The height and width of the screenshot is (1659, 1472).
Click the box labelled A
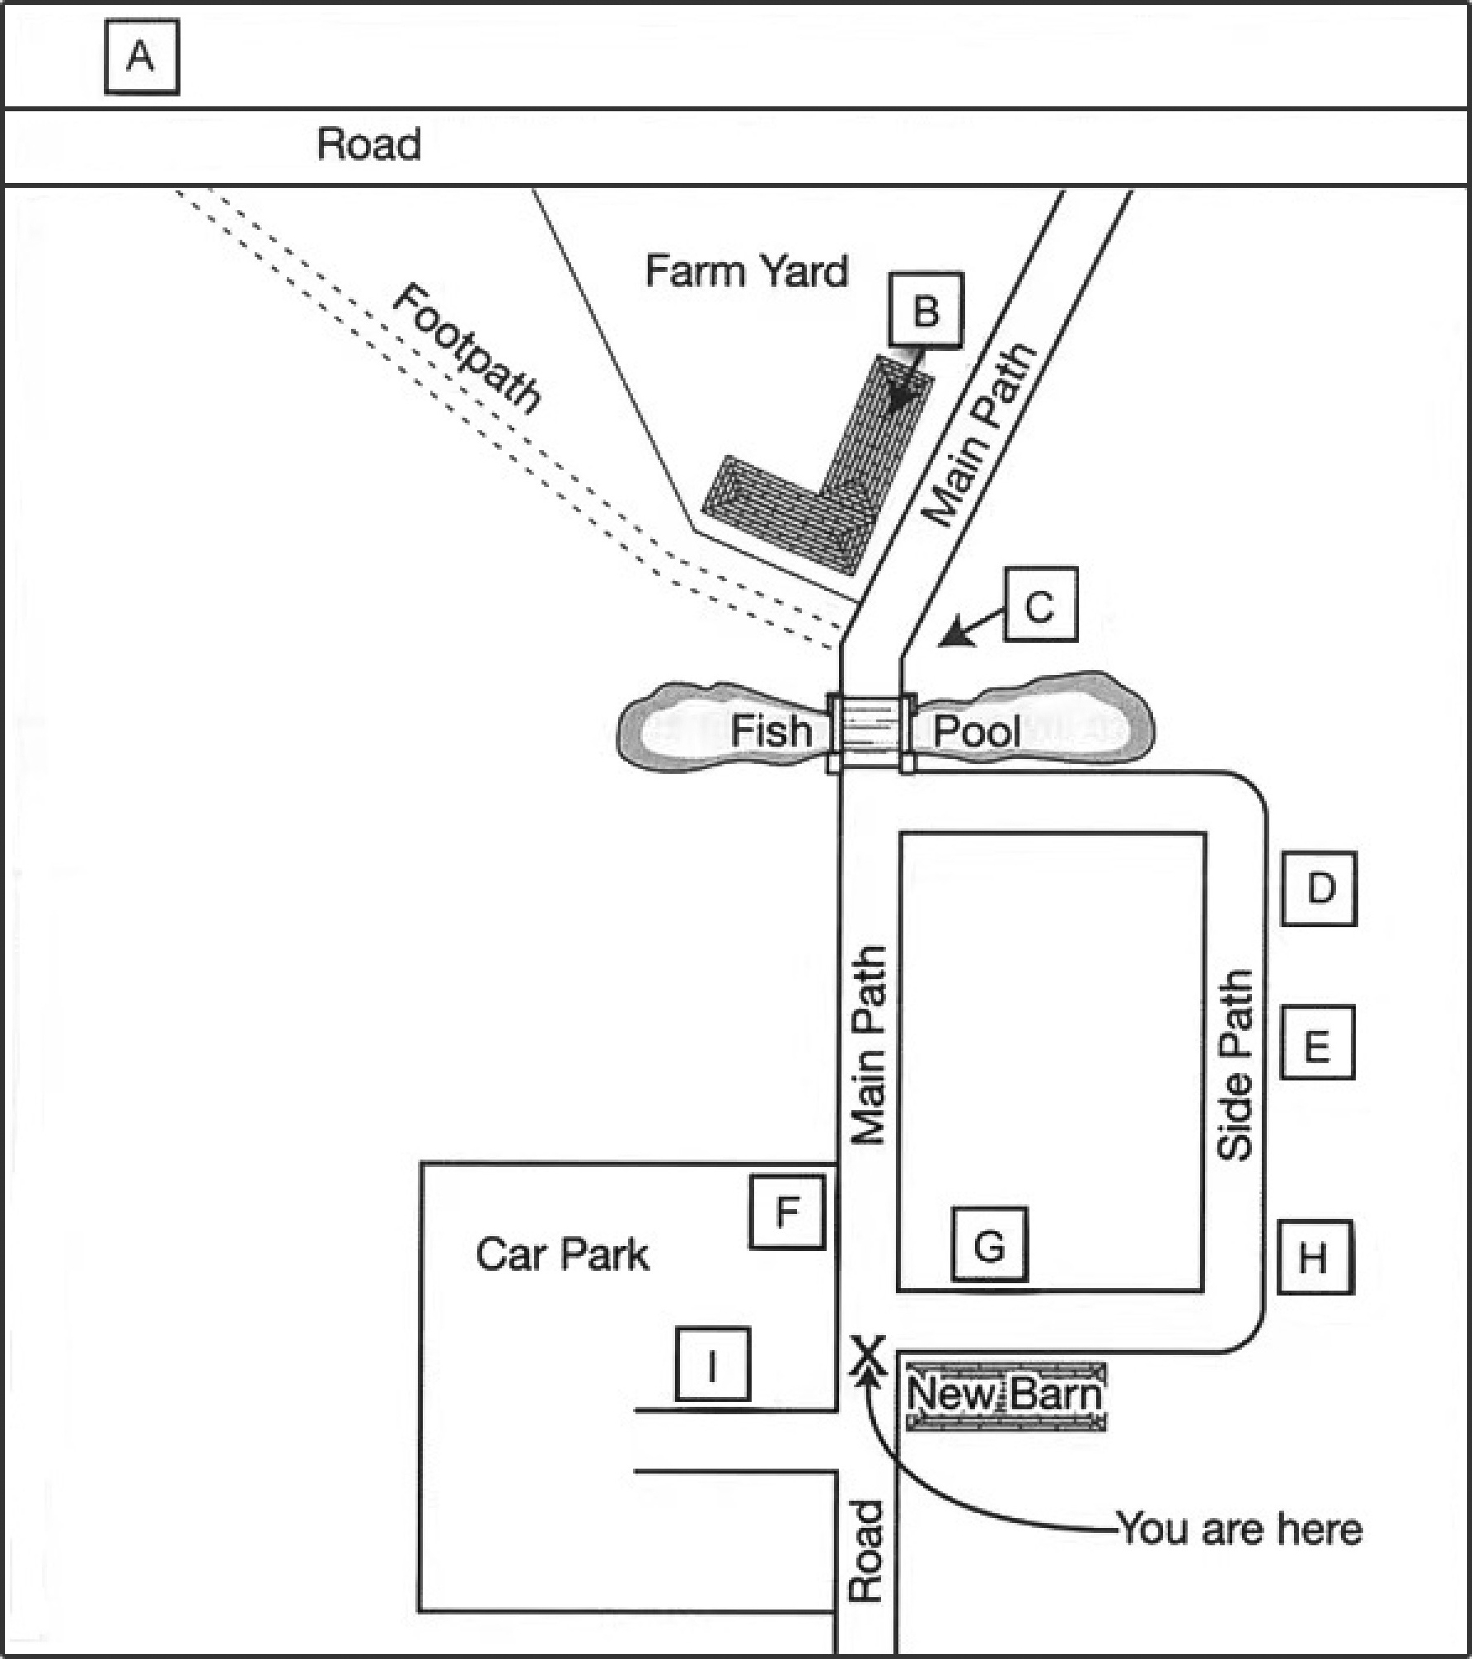tap(142, 58)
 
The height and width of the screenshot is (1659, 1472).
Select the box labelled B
tap(926, 310)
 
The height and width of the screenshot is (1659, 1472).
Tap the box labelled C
tap(1040, 604)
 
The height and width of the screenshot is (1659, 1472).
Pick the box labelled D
tap(1319, 888)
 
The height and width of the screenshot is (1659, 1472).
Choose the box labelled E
tap(1317, 1043)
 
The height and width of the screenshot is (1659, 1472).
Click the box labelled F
tap(787, 1211)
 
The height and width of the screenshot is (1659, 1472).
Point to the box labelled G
tap(990, 1244)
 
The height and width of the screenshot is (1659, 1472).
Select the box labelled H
tap(1315, 1258)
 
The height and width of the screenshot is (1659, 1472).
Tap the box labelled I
tap(713, 1363)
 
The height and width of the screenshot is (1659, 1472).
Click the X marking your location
tap(868, 1356)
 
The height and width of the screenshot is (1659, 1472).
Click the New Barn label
tap(1005, 1394)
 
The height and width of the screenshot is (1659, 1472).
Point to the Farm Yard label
tap(746, 271)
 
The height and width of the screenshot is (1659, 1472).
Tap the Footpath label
tap(466, 347)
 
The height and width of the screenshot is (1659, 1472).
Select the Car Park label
tap(562, 1254)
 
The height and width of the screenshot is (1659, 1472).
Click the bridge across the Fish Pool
tap(870, 733)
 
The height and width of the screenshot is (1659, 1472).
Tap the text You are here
tap(1240, 1530)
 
